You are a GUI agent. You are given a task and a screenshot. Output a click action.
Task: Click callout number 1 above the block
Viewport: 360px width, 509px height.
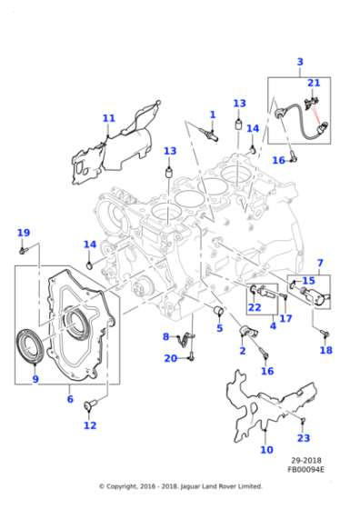click(x=213, y=115)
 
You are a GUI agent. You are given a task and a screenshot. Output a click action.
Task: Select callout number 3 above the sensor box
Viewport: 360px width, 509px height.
click(x=300, y=62)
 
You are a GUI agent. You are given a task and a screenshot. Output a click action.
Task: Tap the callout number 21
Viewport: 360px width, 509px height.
click(x=314, y=84)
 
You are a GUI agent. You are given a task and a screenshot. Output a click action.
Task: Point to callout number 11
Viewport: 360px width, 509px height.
click(x=109, y=118)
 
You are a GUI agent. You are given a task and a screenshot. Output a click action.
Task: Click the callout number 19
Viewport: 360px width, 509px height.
click(x=24, y=233)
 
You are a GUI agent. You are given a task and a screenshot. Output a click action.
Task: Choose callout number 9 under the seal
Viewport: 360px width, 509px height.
click(x=35, y=379)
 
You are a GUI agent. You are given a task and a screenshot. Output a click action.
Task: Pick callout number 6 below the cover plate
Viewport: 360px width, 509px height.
click(x=71, y=398)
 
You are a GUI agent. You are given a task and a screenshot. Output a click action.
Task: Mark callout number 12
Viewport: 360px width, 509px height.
click(x=89, y=424)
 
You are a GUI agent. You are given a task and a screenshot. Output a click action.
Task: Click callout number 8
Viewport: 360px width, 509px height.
click(x=166, y=337)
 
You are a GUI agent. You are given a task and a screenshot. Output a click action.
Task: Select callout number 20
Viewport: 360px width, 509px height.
click(x=170, y=358)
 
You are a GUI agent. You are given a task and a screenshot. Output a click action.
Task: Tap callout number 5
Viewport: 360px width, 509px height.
click(x=219, y=328)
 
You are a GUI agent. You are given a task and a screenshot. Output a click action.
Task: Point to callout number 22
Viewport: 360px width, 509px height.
click(x=255, y=307)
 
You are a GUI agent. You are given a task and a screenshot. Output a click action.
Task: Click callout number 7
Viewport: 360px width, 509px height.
click(x=319, y=263)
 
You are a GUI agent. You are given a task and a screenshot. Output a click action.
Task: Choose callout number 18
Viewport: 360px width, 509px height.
click(x=325, y=350)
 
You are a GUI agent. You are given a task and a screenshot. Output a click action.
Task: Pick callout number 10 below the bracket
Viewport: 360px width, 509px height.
click(x=266, y=449)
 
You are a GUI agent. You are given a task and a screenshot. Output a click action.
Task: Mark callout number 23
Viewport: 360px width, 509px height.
click(x=305, y=438)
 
